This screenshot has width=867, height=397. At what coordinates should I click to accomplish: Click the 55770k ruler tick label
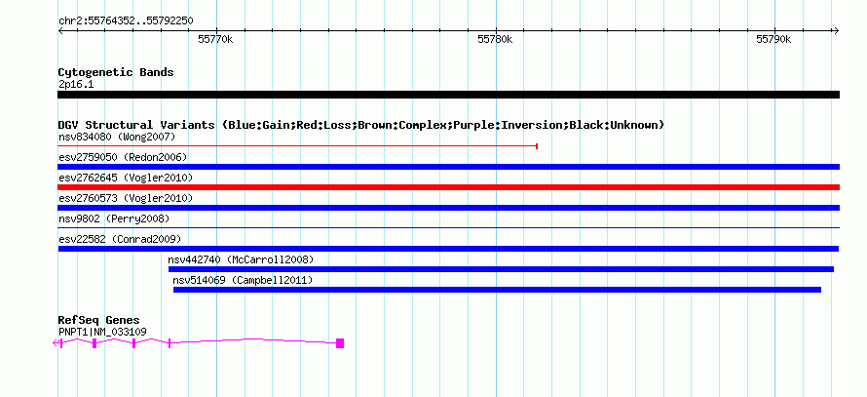(215, 39)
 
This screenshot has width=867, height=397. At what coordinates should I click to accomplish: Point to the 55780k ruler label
(495, 39)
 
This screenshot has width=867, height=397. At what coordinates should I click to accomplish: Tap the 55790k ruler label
(773, 39)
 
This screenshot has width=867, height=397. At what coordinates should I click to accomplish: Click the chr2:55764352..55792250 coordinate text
(126, 21)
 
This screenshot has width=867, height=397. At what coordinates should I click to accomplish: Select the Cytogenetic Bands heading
(116, 72)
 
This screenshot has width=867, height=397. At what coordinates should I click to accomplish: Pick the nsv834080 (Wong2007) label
(117, 137)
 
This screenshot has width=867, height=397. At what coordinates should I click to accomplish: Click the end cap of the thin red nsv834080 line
(537, 146)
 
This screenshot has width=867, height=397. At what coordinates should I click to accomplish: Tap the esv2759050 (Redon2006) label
(123, 157)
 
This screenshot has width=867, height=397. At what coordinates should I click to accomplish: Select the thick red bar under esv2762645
(448, 187)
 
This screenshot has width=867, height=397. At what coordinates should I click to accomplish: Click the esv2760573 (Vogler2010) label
(126, 198)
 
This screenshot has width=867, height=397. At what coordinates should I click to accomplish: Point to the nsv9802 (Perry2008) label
(114, 218)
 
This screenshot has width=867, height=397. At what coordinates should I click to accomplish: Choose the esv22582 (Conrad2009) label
(120, 239)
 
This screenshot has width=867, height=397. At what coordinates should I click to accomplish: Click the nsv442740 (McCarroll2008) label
(241, 259)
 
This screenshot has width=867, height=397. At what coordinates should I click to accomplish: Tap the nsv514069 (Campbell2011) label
(243, 280)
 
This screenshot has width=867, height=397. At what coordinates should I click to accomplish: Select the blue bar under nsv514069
(497, 290)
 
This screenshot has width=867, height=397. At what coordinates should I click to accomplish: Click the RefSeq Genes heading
(99, 320)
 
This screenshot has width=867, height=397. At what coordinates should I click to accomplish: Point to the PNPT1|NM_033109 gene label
(102, 333)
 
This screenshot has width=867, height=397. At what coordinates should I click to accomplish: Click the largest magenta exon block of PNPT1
(340, 343)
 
